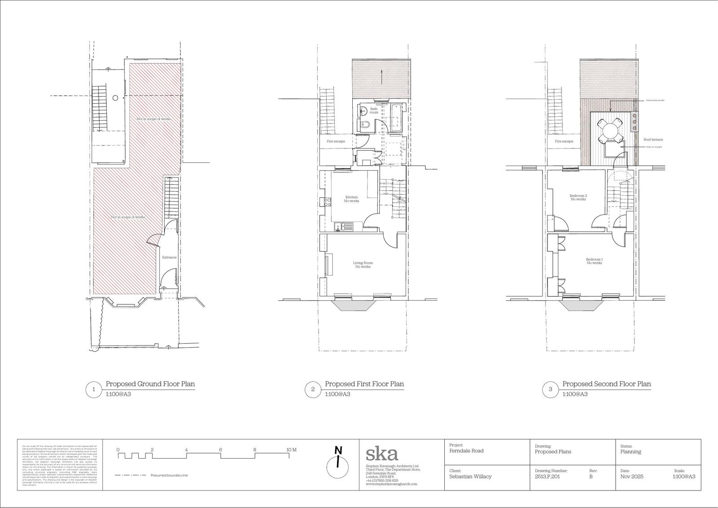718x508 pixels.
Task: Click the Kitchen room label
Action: tap(351, 199)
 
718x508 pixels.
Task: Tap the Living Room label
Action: tap(363, 265)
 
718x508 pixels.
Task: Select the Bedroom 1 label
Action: tap(594, 261)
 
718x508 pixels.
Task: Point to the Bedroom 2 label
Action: tap(578, 197)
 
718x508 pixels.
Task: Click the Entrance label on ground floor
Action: tap(169, 257)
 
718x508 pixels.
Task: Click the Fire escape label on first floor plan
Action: tap(335, 141)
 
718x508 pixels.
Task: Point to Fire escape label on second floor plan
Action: tap(564, 141)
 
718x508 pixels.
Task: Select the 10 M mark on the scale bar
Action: tap(291, 450)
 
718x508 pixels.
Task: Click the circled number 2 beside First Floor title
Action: tap(313, 389)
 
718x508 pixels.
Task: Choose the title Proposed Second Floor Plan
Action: tap(606, 384)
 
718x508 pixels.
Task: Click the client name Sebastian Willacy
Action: tap(470, 477)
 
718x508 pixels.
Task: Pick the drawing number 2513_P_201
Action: tap(547, 477)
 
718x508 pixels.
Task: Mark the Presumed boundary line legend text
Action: tap(169, 476)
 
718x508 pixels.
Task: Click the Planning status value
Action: tap(630, 452)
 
